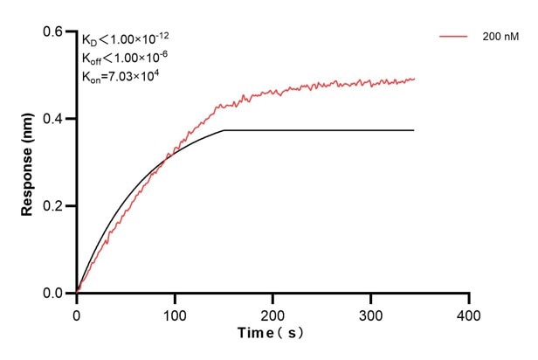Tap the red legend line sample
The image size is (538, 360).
454,38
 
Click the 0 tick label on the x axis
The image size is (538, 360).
77,313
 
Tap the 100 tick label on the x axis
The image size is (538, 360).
175,313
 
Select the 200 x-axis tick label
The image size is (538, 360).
273,313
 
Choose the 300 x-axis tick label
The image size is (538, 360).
371,313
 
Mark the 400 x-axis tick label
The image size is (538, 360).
470,313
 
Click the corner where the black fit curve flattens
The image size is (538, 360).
224,130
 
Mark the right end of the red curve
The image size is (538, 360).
415,79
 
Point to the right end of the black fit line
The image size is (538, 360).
414,130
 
